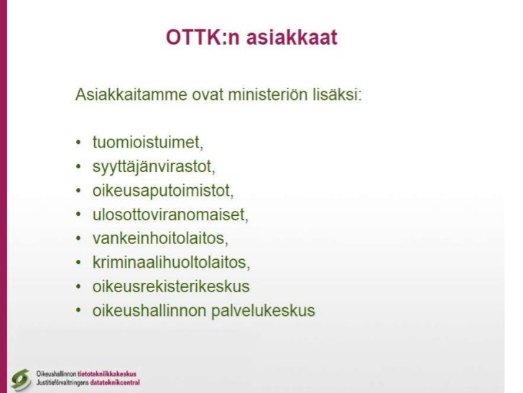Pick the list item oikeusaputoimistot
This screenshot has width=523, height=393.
pos(164,191)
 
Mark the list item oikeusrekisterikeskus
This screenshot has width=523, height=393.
pos(171,286)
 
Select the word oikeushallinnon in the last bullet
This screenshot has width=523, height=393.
pos(144,311)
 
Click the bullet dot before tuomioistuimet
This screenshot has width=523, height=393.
pos(78,142)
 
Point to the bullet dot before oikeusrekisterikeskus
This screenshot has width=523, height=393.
pos(78,287)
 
